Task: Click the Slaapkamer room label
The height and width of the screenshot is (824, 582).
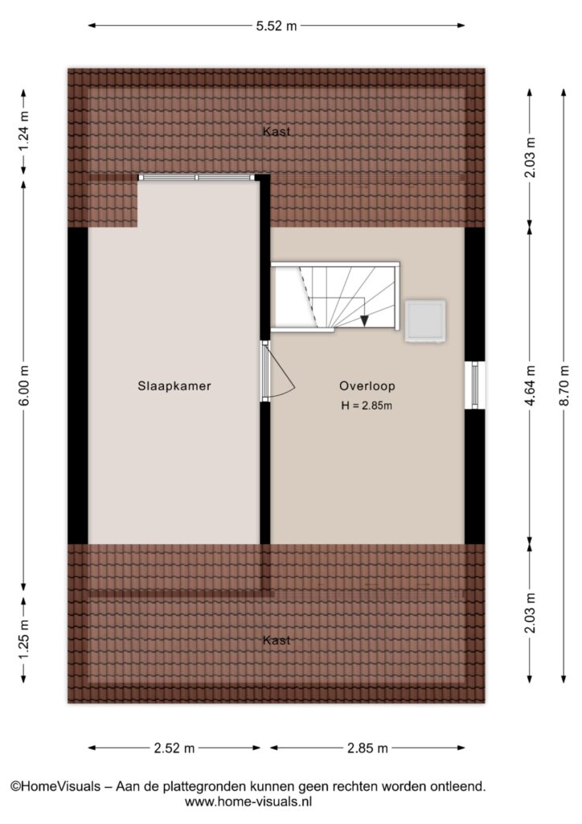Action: (x=174, y=385)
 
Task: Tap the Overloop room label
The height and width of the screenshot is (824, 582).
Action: (x=367, y=385)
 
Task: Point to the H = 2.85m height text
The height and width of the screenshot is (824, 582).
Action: (x=367, y=406)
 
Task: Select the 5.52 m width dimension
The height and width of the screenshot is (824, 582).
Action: (x=277, y=25)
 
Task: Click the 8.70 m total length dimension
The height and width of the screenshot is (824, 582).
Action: (x=564, y=385)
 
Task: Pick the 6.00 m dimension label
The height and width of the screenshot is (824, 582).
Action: (x=23, y=385)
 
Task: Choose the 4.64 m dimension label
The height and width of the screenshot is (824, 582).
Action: (x=530, y=385)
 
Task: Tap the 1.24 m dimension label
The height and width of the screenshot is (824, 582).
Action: (x=23, y=131)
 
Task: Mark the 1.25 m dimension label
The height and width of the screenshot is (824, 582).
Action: (x=23, y=641)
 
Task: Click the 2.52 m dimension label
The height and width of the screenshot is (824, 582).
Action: (x=174, y=748)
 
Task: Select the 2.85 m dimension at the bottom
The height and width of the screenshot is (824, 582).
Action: (x=367, y=748)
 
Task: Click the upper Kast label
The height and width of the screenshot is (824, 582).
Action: (x=277, y=131)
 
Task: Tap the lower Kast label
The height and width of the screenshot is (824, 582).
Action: (x=277, y=640)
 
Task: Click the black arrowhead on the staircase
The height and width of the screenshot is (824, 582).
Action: (x=364, y=320)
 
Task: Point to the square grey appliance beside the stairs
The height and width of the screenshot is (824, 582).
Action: (x=425, y=321)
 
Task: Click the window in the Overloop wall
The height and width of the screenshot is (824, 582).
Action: (x=475, y=385)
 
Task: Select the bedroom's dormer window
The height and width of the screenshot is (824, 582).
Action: (x=197, y=178)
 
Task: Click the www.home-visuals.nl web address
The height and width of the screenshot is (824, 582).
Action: (x=248, y=802)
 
